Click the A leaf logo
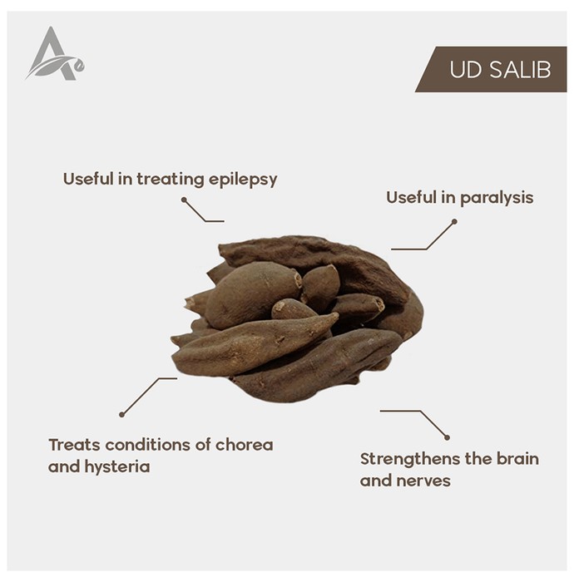55,54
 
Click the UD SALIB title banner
491,69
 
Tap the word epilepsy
243,180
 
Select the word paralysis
497,198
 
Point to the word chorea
244,445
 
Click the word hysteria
117,467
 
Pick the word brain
517,459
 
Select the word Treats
74,445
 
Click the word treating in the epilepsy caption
171,180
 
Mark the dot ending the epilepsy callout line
184,200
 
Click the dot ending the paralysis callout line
454,222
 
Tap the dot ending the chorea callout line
121,414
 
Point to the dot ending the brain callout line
447,437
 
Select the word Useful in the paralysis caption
411,197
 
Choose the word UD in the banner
466,69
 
